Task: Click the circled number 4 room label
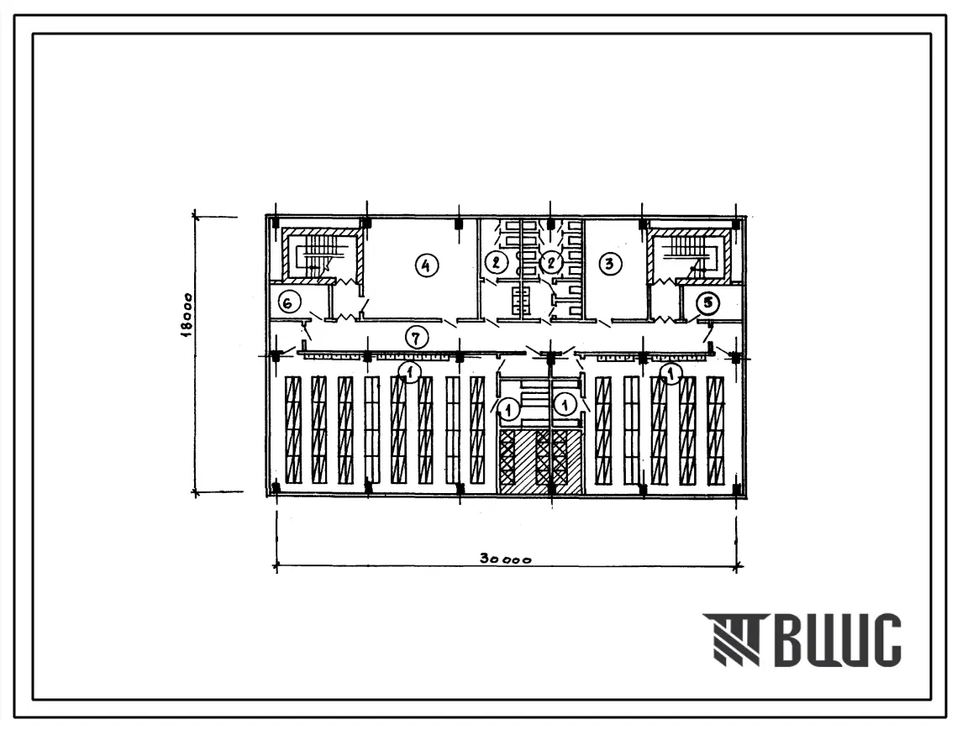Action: [x=426, y=265]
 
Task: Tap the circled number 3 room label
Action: [x=609, y=264]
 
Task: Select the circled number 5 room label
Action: [x=708, y=302]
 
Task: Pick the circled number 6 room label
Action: [x=289, y=302]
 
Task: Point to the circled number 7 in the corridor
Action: [x=416, y=338]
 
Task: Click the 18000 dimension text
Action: [x=187, y=313]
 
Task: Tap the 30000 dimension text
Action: [x=505, y=559]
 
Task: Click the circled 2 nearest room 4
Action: [x=496, y=263]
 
